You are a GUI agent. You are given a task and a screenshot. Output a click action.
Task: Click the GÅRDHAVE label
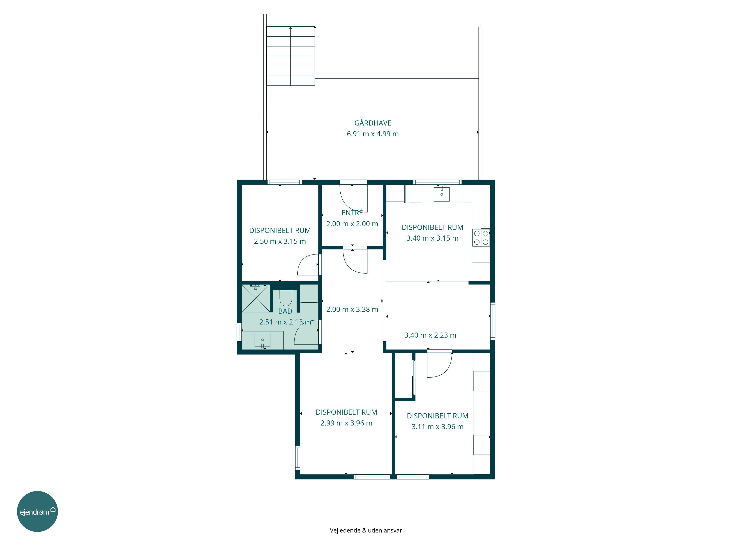click(x=373, y=123)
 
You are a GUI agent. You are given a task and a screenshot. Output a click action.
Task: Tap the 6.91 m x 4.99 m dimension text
click(x=373, y=134)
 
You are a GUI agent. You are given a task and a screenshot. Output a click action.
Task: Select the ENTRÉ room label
click(x=352, y=213)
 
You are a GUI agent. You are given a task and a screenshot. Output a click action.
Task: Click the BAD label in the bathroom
click(x=285, y=311)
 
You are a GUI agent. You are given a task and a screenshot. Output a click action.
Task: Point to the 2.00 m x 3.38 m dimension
click(x=352, y=309)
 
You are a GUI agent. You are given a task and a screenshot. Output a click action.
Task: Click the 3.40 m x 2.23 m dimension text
click(x=430, y=335)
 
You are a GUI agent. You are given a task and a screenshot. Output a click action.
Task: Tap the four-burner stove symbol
click(x=481, y=238)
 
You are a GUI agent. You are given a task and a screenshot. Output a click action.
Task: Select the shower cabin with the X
click(x=256, y=298)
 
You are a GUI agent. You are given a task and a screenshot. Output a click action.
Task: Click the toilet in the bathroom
click(x=285, y=298)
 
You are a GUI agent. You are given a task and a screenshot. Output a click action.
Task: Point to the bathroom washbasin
click(x=262, y=340)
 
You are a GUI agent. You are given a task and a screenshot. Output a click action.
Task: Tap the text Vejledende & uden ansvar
click(x=366, y=530)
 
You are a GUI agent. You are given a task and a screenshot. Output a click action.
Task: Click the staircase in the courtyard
click(x=291, y=56)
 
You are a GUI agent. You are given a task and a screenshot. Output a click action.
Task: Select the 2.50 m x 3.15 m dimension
click(x=280, y=241)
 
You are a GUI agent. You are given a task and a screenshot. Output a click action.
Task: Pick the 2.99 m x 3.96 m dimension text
click(x=346, y=423)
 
